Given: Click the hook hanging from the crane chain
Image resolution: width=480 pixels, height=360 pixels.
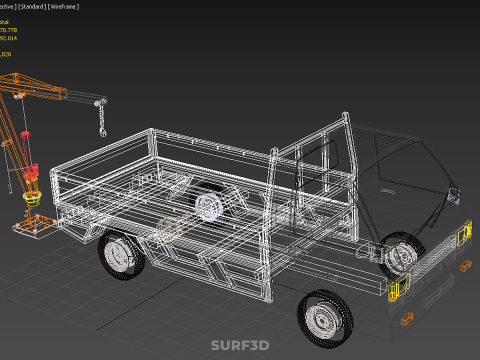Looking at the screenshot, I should pos(101,131).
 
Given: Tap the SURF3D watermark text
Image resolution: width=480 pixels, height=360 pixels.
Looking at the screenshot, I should pos(240,346).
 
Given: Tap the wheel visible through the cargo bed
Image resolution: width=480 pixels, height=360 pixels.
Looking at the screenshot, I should pos(209,207).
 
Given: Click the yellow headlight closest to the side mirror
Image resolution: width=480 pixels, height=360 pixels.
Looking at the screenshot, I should pos(464,236).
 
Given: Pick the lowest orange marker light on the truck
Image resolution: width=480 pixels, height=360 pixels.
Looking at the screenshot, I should pos(406,319).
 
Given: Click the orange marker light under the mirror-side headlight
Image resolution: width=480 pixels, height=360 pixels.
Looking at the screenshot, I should pos(465,265).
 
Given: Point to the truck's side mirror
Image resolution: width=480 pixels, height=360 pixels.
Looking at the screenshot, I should pos(456,191).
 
